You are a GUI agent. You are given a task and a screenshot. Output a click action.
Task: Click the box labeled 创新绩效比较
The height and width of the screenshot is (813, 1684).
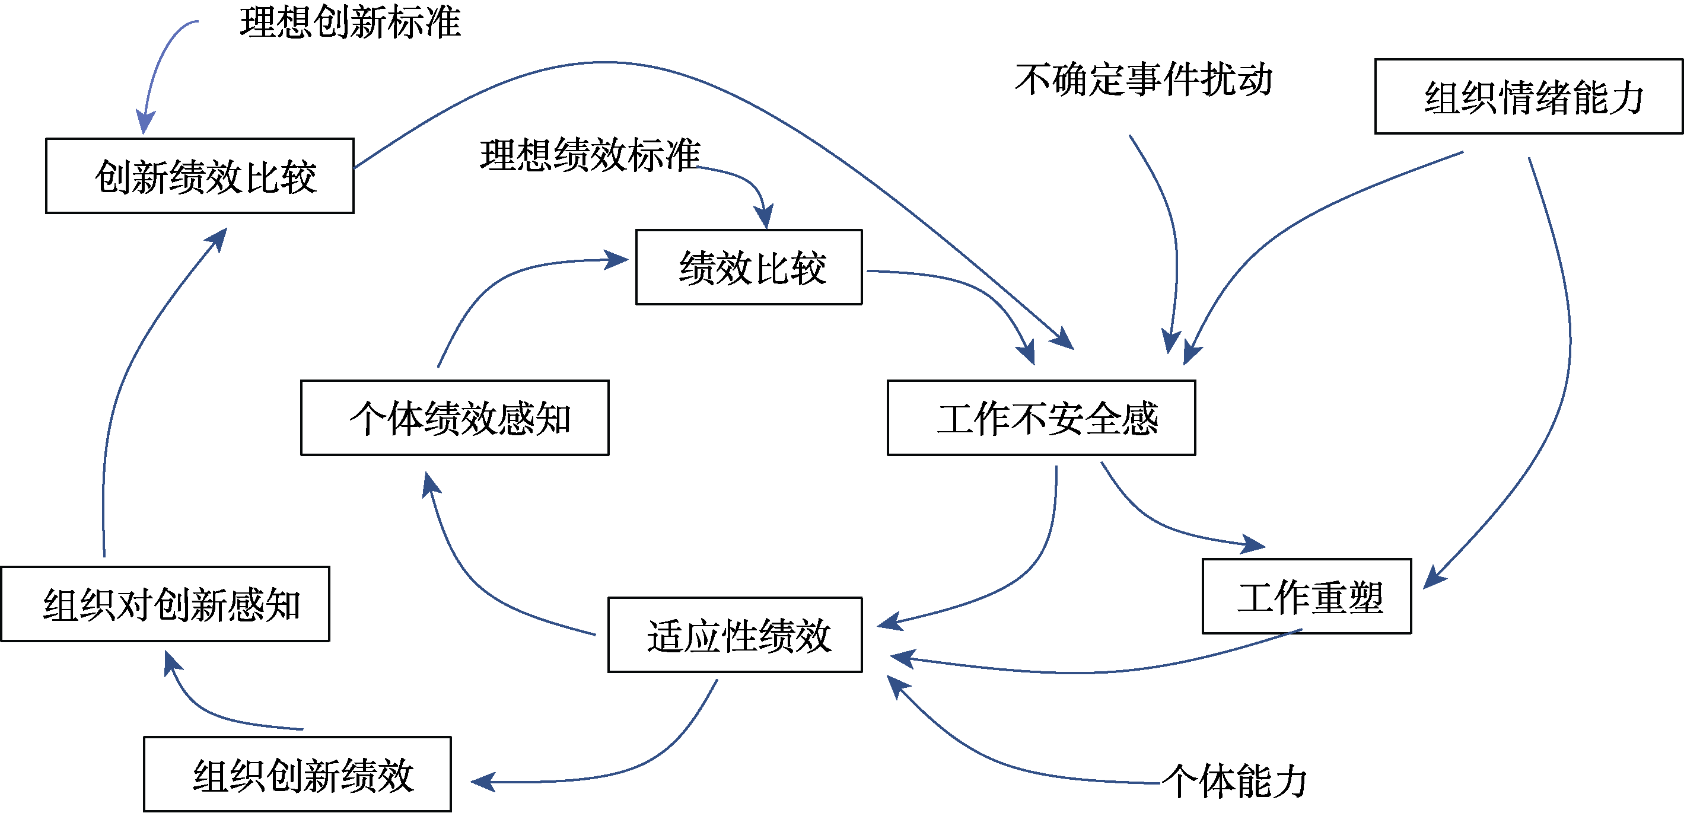[x=199, y=176]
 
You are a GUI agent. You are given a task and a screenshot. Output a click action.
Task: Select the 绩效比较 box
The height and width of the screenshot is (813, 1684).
[x=749, y=267]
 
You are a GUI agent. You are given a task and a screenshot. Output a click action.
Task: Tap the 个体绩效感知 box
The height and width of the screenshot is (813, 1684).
[x=454, y=417]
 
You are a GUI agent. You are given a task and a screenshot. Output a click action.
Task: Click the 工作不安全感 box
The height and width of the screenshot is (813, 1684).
[x=1041, y=417]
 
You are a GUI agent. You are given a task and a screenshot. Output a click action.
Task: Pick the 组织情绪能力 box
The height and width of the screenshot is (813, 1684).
[x=1528, y=97]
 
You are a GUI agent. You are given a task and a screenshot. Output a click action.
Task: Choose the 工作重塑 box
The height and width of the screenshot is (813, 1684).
[x=1306, y=596]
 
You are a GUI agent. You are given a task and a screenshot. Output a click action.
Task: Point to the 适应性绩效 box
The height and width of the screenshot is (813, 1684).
[x=735, y=635]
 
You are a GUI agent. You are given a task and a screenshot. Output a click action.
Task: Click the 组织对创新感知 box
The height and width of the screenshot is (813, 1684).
[x=165, y=604]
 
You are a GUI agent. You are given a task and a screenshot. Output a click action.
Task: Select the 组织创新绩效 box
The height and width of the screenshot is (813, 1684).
[x=297, y=774]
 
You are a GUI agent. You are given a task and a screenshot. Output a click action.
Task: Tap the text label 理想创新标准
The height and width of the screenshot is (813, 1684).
[x=351, y=22]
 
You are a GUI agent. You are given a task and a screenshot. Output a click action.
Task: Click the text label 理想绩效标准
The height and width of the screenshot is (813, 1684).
[x=590, y=155]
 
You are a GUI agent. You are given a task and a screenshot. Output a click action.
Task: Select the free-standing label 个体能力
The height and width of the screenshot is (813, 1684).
[x=1235, y=781]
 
